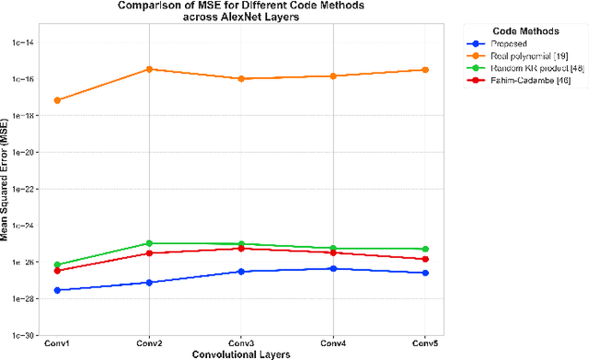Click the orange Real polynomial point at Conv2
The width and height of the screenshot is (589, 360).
(x=149, y=69)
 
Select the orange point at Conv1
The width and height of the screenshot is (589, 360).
(x=57, y=99)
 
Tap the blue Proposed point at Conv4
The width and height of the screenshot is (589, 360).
(x=333, y=268)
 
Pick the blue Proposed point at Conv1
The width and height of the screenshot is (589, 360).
(x=57, y=290)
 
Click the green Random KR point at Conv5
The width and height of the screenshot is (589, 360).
(x=425, y=249)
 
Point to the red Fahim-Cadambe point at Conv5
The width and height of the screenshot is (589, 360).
(x=425, y=259)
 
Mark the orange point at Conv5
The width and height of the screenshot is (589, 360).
(x=425, y=70)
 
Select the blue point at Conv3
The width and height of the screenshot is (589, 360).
(x=241, y=272)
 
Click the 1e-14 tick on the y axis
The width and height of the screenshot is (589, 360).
(x=23, y=42)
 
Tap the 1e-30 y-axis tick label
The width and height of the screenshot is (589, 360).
(x=23, y=335)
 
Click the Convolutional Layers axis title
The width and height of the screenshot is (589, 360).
(x=241, y=354)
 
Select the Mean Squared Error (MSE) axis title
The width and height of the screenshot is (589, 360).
(x=6, y=189)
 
